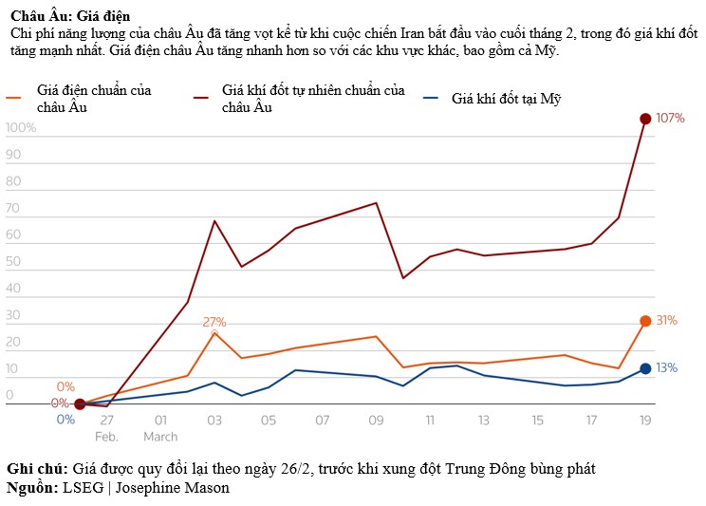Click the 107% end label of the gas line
point(670,119)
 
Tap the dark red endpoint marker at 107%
point(645,119)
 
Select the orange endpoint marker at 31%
point(645,321)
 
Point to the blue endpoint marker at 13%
point(645,368)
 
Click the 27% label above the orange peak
point(214,322)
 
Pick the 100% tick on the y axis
point(21,128)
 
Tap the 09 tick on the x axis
point(376,420)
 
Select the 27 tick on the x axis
point(106,420)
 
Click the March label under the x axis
point(160,437)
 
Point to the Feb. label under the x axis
point(106,437)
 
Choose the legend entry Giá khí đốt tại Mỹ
point(507,98)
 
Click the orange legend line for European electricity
point(16,98)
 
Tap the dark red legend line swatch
point(202,98)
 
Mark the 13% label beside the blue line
point(667,368)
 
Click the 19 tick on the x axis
point(645,420)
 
